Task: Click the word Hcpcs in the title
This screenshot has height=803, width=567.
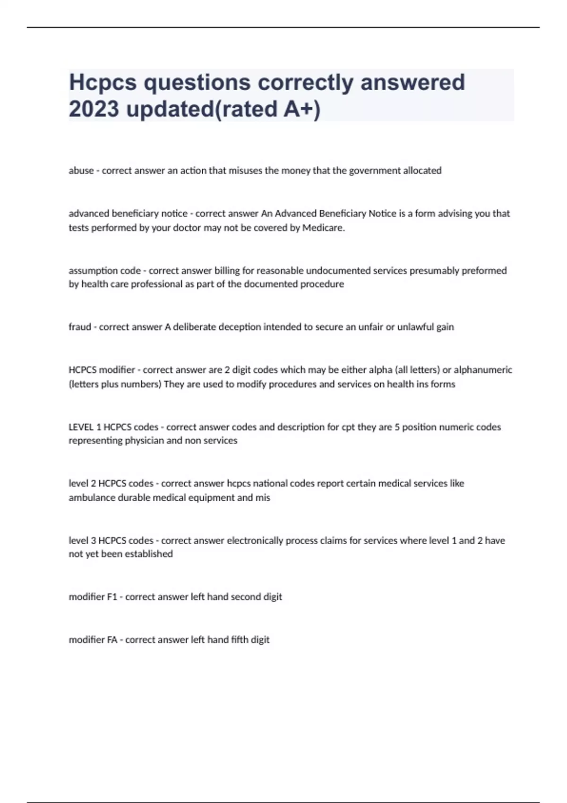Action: click(103, 83)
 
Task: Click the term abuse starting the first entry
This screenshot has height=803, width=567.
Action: click(81, 171)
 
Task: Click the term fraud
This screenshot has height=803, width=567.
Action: click(80, 327)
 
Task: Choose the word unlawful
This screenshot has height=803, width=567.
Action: click(415, 327)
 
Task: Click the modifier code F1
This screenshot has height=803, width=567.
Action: click(112, 597)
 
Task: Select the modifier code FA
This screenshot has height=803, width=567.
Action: click(112, 640)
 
